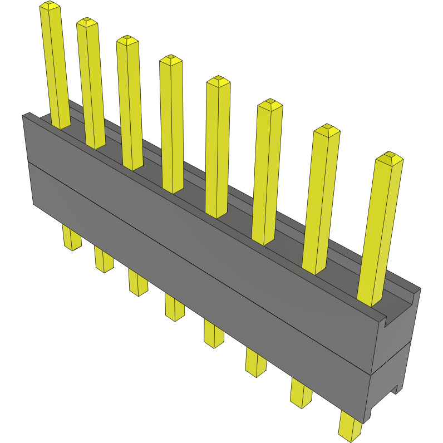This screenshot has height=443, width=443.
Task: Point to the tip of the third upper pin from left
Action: tap(127, 40)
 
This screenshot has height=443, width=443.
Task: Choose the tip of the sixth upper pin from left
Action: tap(269, 104)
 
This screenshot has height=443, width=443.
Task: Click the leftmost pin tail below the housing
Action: tap(71, 238)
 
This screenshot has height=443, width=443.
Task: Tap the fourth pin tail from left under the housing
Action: tap(174, 307)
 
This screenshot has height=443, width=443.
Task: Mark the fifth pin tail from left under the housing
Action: tap(214, 334)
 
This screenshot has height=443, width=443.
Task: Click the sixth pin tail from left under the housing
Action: tap(256, 362)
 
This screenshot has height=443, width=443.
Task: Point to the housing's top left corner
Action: tap(23, 115)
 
